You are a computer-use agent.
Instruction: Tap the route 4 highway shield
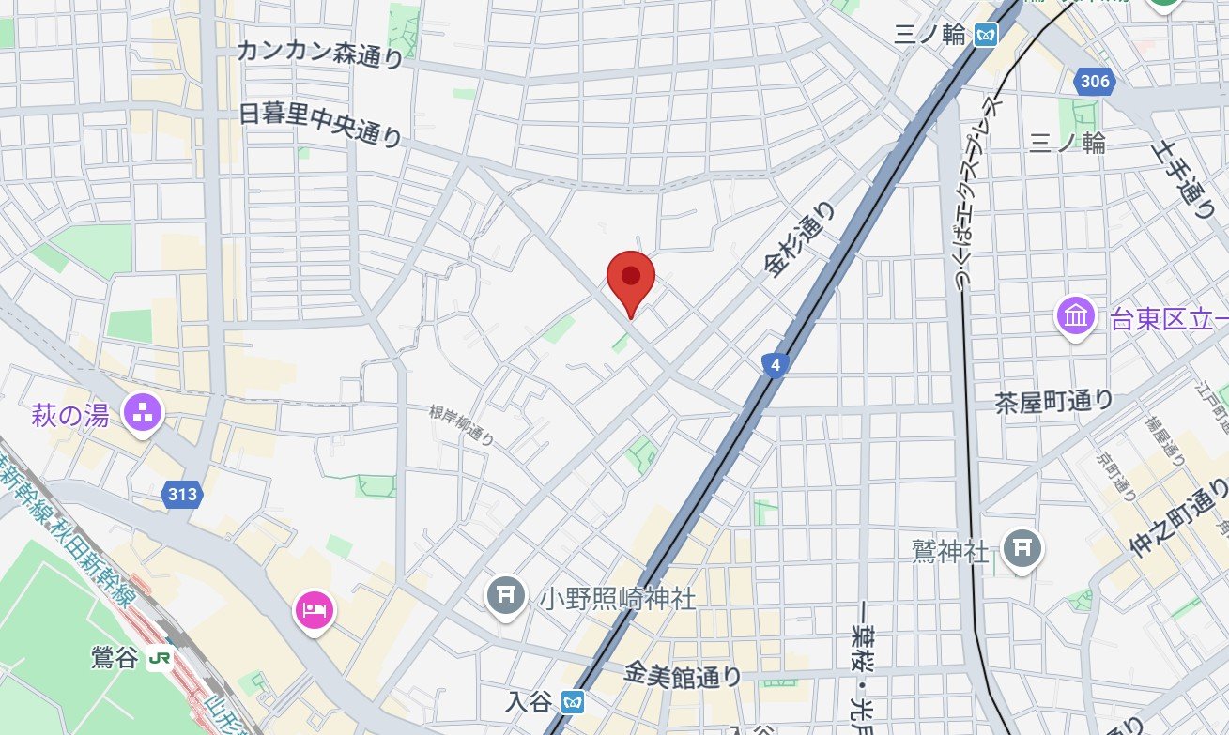[x=774, y=365]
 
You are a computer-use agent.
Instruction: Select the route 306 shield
[x=1095, y=83]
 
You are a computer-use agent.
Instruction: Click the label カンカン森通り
[x=319, y=54]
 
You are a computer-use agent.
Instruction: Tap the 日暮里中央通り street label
[x=320, y=125]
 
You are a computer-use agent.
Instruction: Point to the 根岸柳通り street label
[x=461, y=424]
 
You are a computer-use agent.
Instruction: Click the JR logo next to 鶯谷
[x=159, y=658]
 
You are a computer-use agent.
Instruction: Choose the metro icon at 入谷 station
[x=573, y=701]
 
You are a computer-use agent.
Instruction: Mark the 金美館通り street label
[x=683, y=675]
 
